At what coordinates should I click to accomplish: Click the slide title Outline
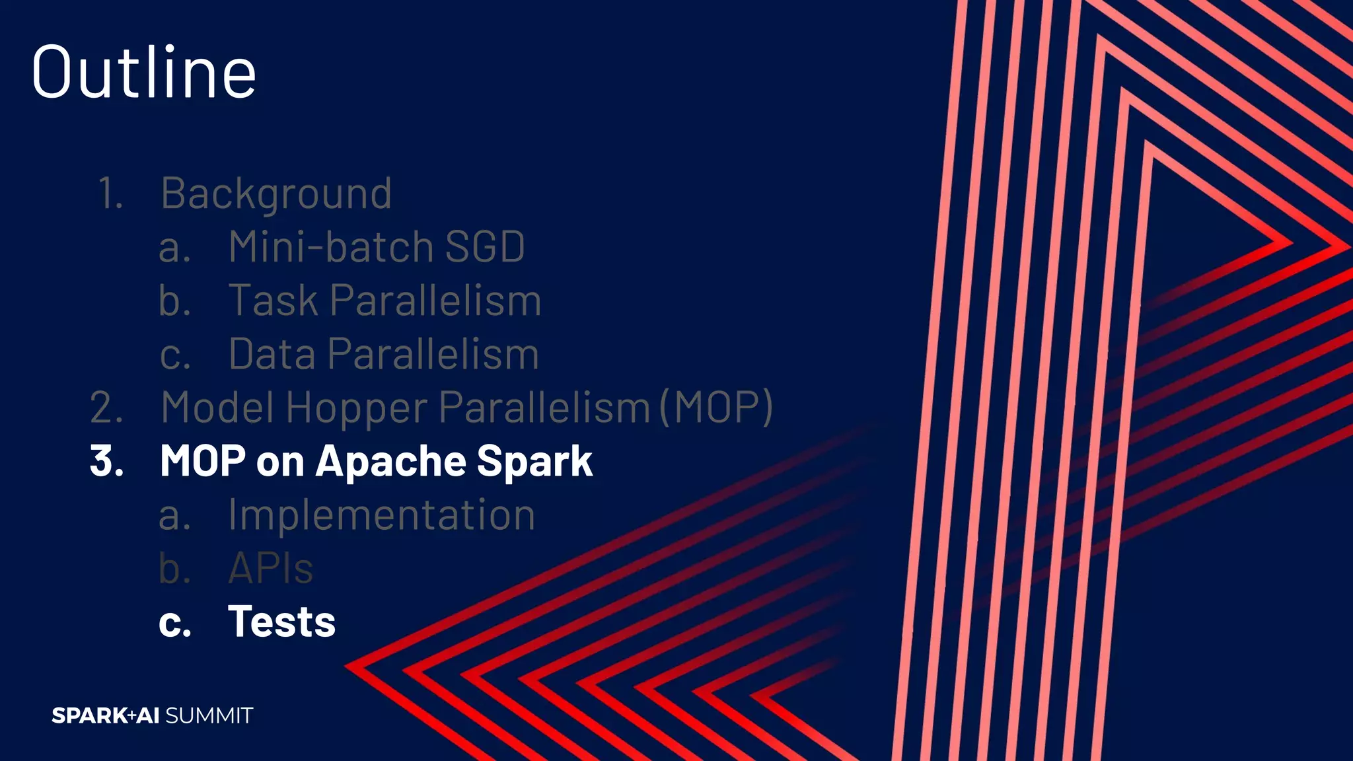click(x=143, y=72)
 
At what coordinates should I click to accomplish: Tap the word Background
click(x=276, y=194)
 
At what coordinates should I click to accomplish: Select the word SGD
click(x=485, y=247)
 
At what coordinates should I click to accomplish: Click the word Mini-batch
click(x=330, y=247)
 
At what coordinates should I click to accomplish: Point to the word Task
click(x=273, y=301)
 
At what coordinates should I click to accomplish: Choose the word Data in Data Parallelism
click(x=272, y=354)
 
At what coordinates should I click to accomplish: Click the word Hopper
click(x=357, y=408)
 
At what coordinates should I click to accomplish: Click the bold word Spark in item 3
click(x=534, y=461)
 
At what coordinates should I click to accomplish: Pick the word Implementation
click(x=381, y=515)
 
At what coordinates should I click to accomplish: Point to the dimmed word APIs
click(x=270, y=568)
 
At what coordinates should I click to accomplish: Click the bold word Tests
click(x=281, y=622)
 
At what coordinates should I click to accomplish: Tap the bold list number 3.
click(x=106, y=461)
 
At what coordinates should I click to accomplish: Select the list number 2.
click(x=106, y=408)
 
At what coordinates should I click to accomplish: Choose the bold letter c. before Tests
click(x=174, y=623)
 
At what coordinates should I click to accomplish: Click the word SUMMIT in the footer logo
click(x=209, y=715)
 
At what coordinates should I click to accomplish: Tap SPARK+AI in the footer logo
click(x=106, y=715)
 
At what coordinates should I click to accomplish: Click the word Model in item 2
click(x=217, y=408)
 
